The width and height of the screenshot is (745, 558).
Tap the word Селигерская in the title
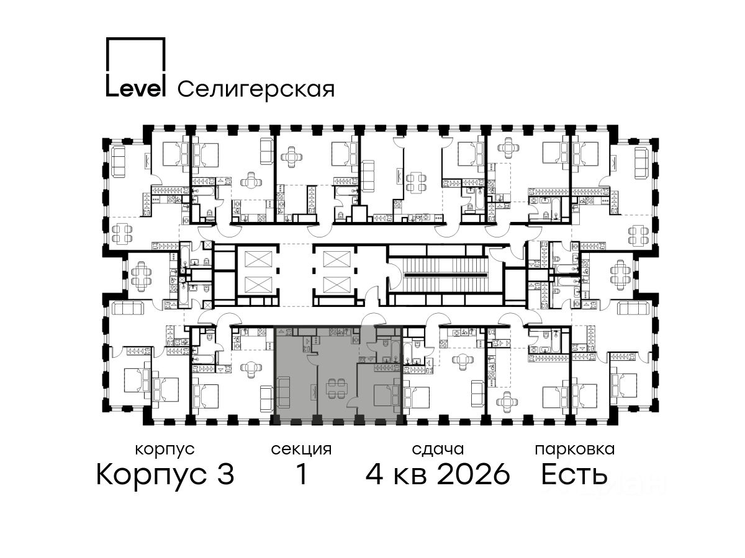point(256,90)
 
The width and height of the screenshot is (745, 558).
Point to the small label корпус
point(165,449)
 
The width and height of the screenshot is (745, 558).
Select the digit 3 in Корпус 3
point(225,474)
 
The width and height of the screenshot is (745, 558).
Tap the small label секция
point(301,450)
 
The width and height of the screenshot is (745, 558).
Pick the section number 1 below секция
point(302,474)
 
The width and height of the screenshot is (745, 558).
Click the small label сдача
point(438,449)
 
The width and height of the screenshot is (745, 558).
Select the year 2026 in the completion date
point(474,474)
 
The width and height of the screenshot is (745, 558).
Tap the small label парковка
point(575,450)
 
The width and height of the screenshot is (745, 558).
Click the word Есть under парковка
point(574,474)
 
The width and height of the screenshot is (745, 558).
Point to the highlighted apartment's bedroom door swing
point(353,402)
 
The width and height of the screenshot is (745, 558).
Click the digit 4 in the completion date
point(375,474)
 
